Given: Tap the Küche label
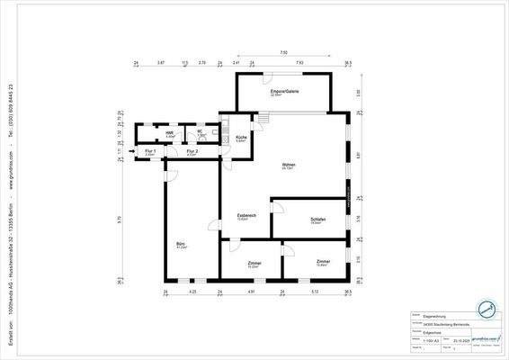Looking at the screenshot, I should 241,138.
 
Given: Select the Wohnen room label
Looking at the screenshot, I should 289,166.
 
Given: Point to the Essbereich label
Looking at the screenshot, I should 247,216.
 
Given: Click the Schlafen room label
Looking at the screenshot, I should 317,220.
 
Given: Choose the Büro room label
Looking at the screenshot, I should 182,244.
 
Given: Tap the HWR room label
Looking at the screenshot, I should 169,133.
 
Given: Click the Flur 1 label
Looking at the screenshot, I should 150,152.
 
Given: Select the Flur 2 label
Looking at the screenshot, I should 192,152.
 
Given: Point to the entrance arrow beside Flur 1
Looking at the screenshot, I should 131,152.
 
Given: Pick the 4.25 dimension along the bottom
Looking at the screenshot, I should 193,292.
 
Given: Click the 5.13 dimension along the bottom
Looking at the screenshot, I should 314,292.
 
